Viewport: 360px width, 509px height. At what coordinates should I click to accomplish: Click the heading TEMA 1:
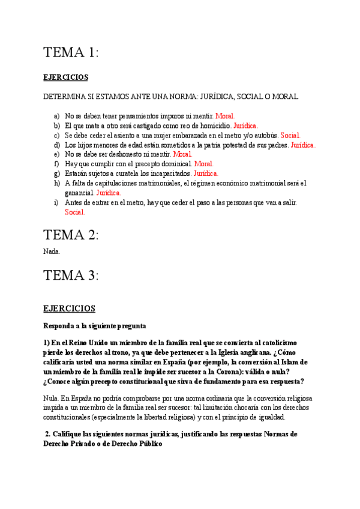point(71,53)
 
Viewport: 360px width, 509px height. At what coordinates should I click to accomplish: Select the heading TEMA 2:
point(71,235)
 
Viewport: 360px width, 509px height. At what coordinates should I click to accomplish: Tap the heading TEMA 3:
point(71,276)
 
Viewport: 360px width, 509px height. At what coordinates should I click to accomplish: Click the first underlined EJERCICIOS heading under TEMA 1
point(66,77)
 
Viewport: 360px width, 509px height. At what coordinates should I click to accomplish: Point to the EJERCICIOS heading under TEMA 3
point(69,309)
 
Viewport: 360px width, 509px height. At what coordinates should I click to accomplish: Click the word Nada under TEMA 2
point(52,251)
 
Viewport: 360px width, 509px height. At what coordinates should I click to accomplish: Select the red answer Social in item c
point(290,136)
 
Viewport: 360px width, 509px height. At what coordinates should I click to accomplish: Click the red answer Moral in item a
point(225,116)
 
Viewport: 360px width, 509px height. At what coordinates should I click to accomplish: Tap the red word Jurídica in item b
point(245,126)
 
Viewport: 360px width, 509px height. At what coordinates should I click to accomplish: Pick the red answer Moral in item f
point(203,164)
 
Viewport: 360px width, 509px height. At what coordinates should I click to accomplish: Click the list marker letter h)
point(57,183)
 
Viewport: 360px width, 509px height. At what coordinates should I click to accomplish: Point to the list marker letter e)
point(57,154)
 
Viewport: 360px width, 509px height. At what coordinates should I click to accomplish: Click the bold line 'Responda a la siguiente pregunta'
point(94,326)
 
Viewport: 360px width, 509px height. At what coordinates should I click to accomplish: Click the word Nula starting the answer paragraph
point(51,398)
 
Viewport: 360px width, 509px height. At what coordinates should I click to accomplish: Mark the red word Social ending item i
point(74,212)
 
